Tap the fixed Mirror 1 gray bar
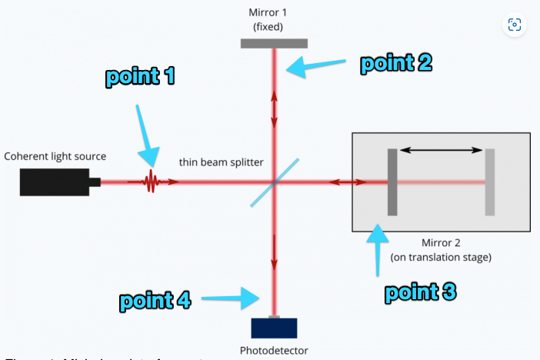click(274, 43)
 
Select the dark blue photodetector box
click(274, 327)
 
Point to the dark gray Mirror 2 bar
click(392, 182)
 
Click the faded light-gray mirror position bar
click(490, 182)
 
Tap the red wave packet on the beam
click(152, 182)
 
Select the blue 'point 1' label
click(141, 77)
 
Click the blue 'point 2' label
click(396, 63)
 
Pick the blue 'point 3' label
click(420, 292)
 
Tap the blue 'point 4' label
click(155, 301)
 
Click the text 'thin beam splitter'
click(222, 162)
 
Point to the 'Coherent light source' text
click(55, 156)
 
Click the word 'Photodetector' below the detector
click(275, 351)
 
